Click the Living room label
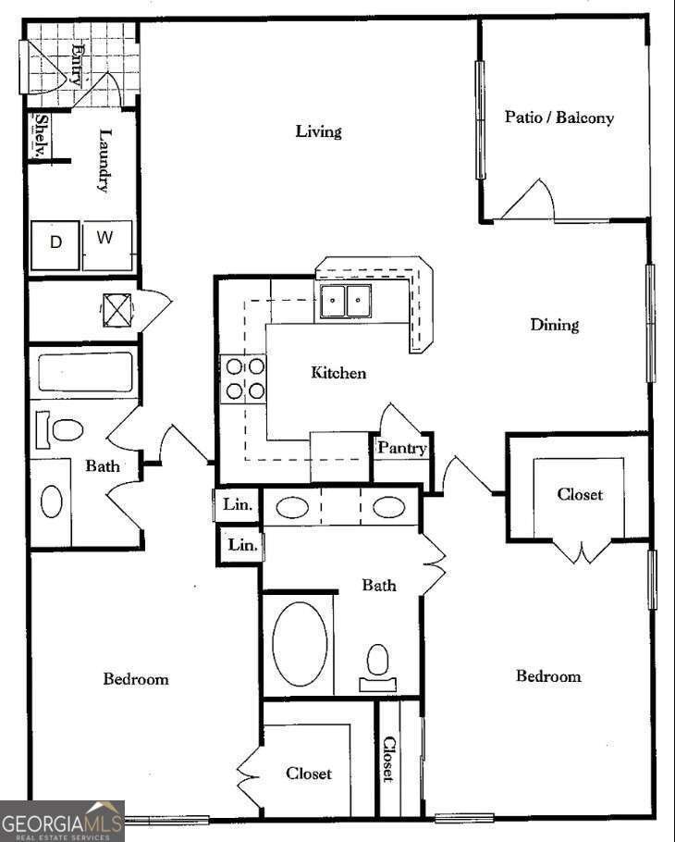pos(318,131)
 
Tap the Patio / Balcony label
pos(558,118)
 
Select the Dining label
pos(555,325)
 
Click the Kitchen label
pos(338,373)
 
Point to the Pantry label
pos(402,449)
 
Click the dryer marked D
pos(56,243)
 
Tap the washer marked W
pos(106,239)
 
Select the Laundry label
pos(104,160)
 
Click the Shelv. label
pos(42,137)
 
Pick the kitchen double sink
pos(346,301)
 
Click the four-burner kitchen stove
pos(244,378)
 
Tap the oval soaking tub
pos(299,644)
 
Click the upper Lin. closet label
pos(238,505)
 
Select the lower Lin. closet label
pos(242,545)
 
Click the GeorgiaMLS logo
pos(62,821)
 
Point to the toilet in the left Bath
pos(67,429)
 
